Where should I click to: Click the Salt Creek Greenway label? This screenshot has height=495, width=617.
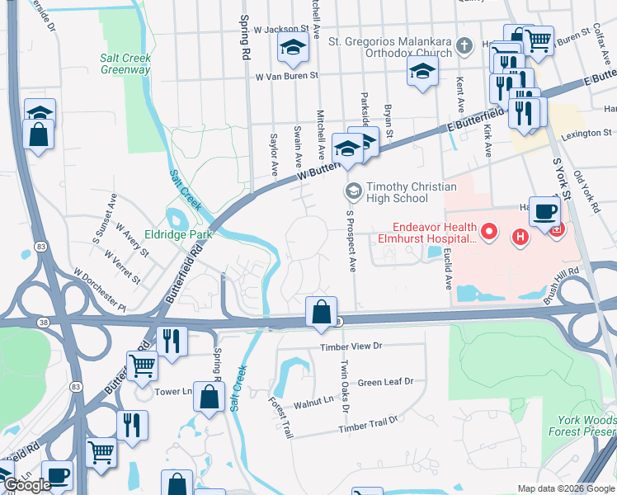click(125, 64)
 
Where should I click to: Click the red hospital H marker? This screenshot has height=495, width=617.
click(520, 238)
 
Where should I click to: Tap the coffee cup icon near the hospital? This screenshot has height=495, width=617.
click(544, 211)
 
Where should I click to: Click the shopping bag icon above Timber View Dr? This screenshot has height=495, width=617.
click(321, 312)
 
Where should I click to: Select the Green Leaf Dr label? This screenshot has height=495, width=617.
click(385, 382)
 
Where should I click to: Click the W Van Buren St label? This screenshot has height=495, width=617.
click(286, 76)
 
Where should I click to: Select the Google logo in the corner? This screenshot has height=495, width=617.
click(26, 485)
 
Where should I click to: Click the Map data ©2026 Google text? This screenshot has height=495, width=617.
click(566, 488)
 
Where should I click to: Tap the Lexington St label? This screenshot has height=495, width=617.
click(586, 132)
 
